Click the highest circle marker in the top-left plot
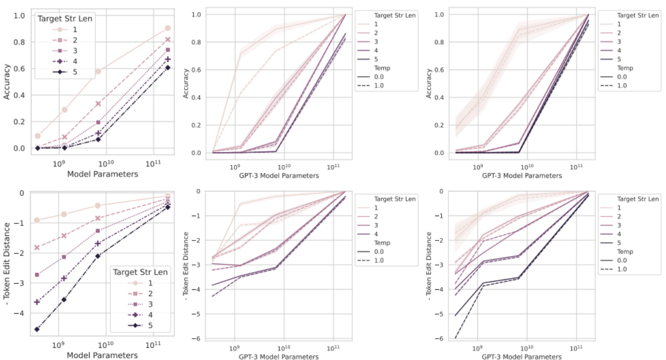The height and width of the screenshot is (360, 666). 168,28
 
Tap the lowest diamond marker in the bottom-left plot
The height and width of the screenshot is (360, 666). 37,329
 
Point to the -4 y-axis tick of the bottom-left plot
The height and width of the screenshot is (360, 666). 21,313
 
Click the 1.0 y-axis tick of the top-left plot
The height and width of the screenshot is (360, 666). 18,15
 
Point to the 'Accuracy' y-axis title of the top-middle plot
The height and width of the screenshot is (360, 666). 187,84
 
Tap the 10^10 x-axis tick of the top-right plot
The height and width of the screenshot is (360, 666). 527,166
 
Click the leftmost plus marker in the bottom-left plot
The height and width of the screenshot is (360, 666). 37,302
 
